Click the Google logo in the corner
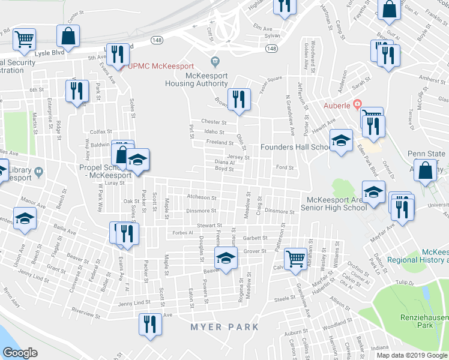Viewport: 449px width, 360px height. [20, 352]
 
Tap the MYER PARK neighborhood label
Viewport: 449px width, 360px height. [224, 327]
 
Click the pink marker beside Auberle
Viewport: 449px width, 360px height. [357, 105]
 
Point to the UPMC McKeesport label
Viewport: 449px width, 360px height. [158, 65]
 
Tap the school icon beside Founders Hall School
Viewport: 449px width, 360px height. [342, 142]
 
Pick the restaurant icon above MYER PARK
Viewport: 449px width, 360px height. [149, 325]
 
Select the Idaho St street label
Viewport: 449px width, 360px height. [214, 132]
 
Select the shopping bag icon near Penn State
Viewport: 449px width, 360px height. [426, 171]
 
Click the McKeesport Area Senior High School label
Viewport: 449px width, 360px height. [336, 203]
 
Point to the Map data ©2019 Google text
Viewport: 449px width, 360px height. [411, 355]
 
